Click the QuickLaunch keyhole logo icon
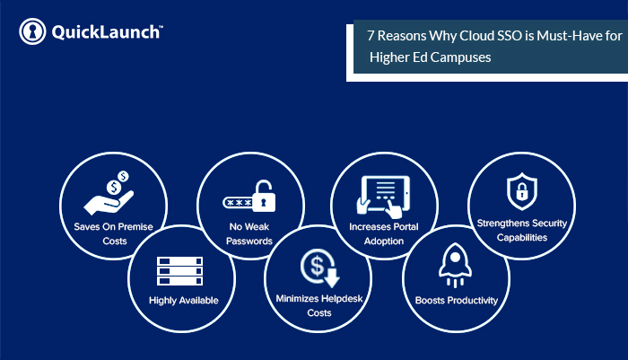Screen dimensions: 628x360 [x=32, y=31]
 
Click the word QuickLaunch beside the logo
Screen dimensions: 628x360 [x=106, y=32]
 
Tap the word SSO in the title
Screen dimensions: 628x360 [x=510, y=36]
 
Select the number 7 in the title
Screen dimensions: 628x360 [x=371, y=36]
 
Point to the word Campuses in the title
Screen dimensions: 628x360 [x=460, y=57]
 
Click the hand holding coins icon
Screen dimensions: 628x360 [x=109, y=192]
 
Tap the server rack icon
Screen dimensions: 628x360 [x=179, y=271]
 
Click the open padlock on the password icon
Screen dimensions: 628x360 [x=264, y=196]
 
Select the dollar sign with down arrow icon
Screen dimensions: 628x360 [x=320, y=268]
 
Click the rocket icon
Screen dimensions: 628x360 [x=455, y=265]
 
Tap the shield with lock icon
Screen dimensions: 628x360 [x=522, y=191]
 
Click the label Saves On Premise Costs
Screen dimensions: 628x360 [x=114, y=233]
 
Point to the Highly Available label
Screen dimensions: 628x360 [x=184, y=300]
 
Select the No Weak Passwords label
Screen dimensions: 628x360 [x=249, y=233]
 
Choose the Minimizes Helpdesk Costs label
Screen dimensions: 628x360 [x=319, y=305]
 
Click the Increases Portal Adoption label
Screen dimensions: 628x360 [x=384, y=233]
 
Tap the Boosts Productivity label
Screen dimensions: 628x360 [x=457, y=300]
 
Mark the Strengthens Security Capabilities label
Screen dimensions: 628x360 [x=522, y=230]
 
